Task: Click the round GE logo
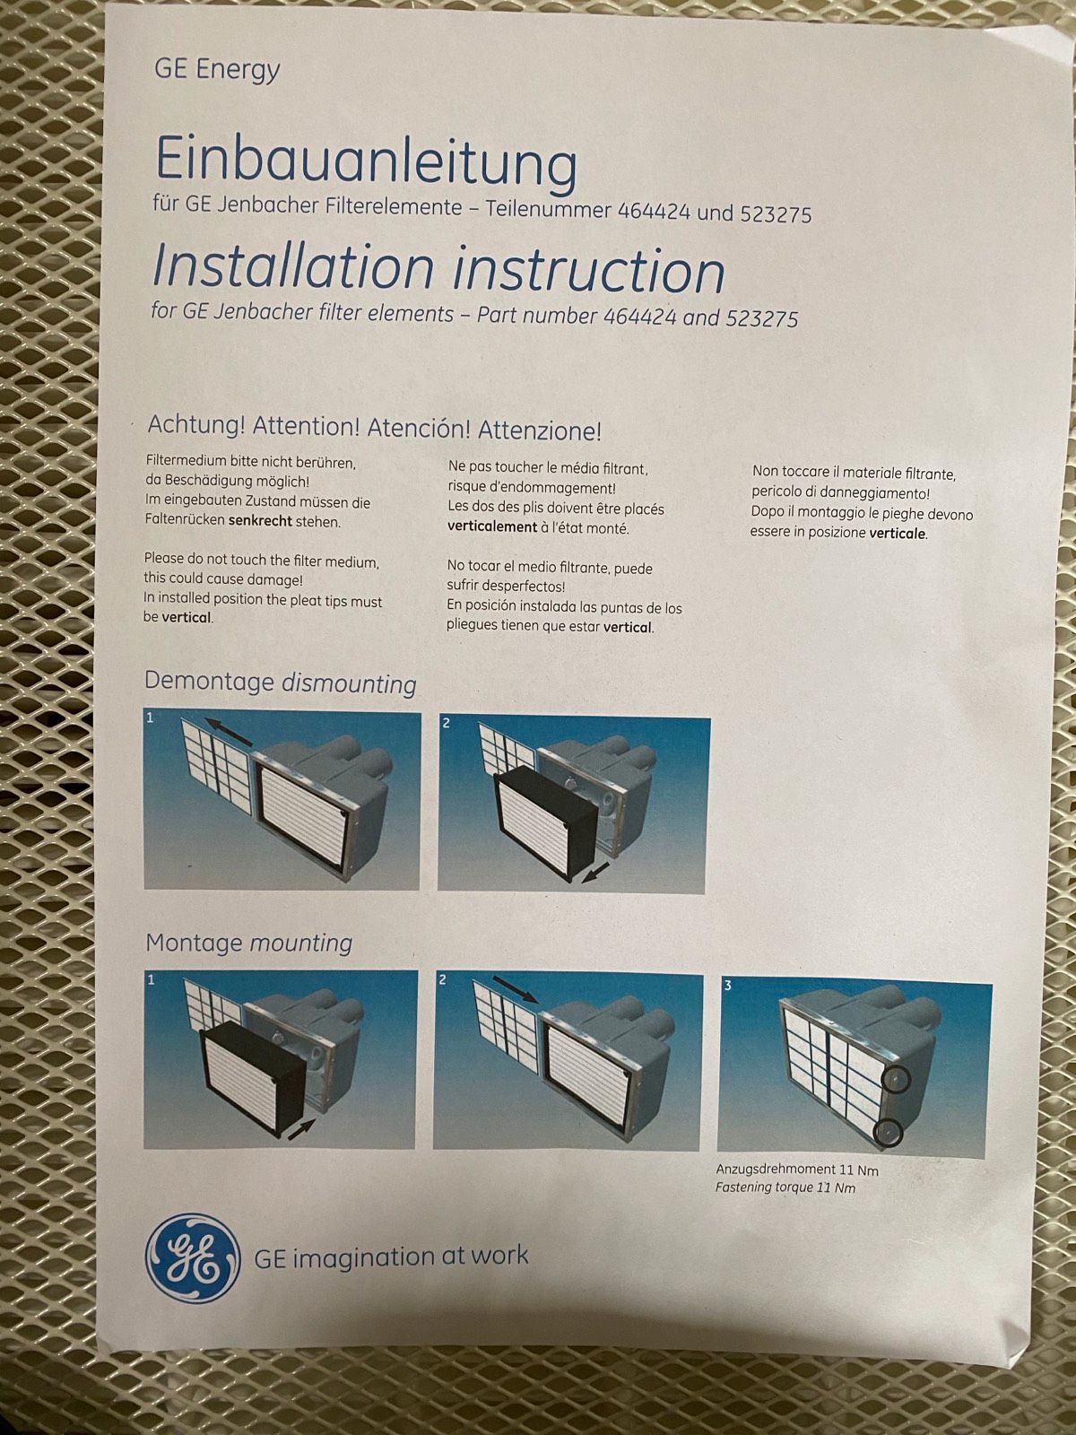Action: (x=192, y=1261)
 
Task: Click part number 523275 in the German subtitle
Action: (x=776, y=213)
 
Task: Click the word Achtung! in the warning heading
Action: (x=196, y=425)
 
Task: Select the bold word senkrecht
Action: (x=260, y=522)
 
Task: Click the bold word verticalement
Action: (x=492, y=526)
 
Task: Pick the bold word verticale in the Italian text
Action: (x=898, y=533)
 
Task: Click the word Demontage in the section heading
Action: (x=209, y=682)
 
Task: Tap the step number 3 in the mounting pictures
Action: (x=728, y=985)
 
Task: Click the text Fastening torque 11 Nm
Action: (x=785, y=1187)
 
